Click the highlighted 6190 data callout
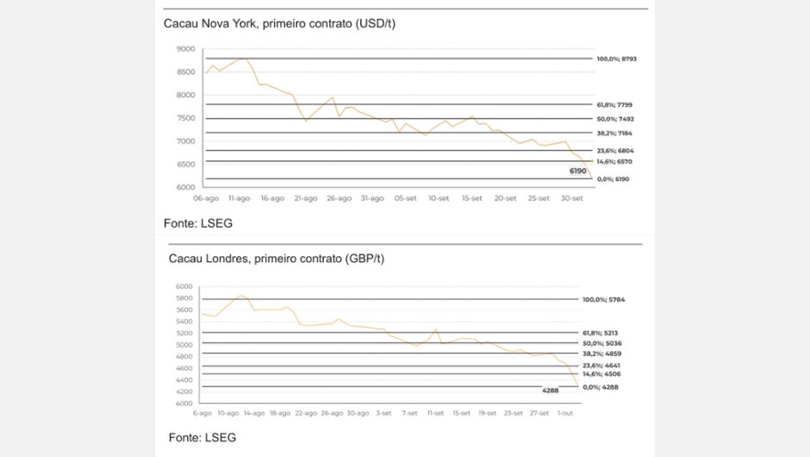click(577, 171)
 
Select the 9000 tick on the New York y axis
click(185, 49)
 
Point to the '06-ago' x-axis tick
click(206, 198)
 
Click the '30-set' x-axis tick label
click(571, 198)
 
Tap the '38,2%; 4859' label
click(603, 354)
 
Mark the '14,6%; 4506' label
click(603, 374)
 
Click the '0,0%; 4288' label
click(601, 387)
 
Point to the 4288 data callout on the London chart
click(551, 391)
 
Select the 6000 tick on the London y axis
click(183, 286)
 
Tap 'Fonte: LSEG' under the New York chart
click(198, 223)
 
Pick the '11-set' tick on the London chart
click(436, 413)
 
